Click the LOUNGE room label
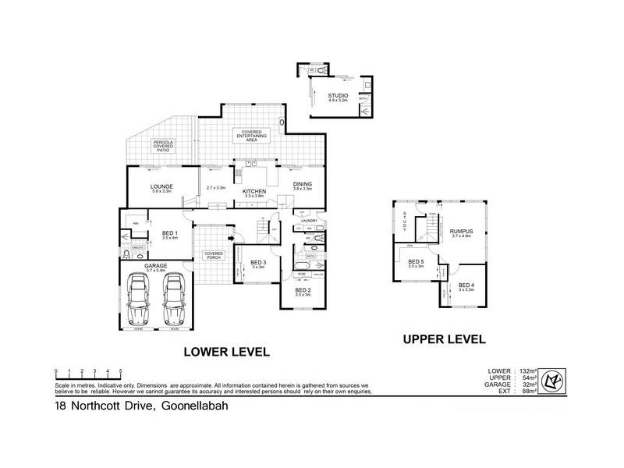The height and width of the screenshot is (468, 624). coord(161,186)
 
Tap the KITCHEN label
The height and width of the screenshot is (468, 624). coord(254,191)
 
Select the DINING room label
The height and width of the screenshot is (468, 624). coord(303,185)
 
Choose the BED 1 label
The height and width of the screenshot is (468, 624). coord(170,233)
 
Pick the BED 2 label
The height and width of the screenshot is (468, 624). coord(303,290)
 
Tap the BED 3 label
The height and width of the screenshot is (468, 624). coord(259,262)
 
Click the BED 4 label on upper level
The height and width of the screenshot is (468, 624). coord(466,285)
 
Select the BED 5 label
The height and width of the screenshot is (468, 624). coord(416,261)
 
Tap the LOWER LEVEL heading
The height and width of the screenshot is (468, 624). coord(225,352)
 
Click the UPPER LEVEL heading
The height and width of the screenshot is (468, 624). coord(444,339)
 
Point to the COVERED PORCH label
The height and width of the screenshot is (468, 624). coord(214,254)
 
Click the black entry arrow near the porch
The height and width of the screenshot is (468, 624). coord(231,238)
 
